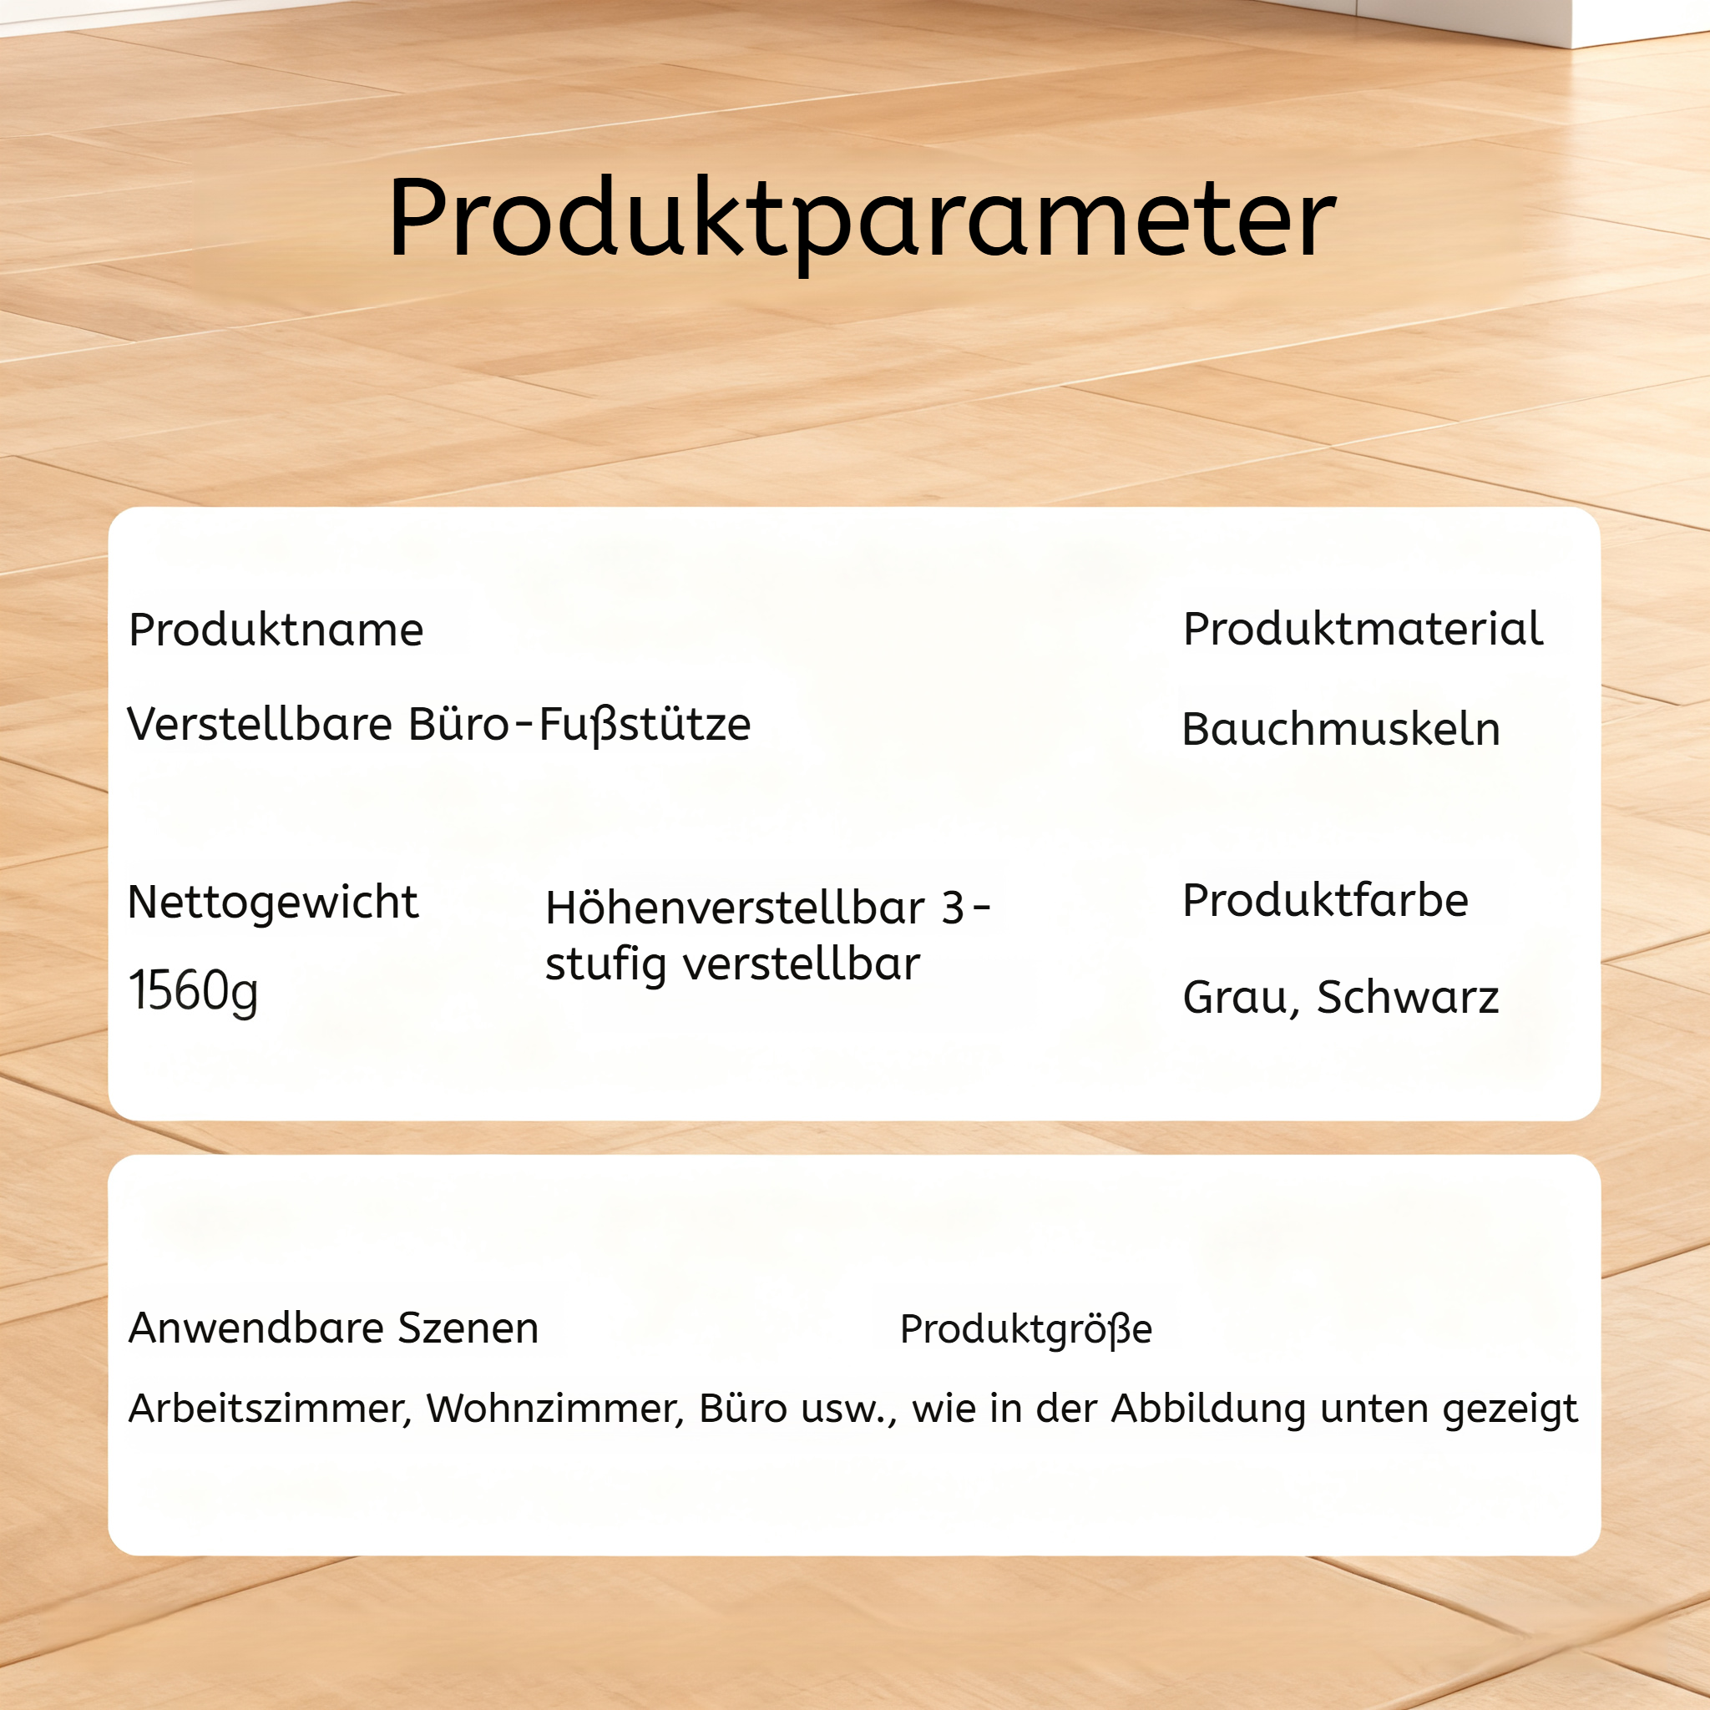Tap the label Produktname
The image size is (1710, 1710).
276,630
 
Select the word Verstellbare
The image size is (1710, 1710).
260,724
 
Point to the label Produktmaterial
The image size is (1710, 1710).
1362,630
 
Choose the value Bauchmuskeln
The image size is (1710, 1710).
1341,731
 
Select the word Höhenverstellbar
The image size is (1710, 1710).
736,908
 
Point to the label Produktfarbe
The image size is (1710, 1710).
1326,901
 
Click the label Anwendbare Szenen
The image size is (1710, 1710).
334,1328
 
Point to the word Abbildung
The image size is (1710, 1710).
1208,1409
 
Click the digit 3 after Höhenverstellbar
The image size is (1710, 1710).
953,909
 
